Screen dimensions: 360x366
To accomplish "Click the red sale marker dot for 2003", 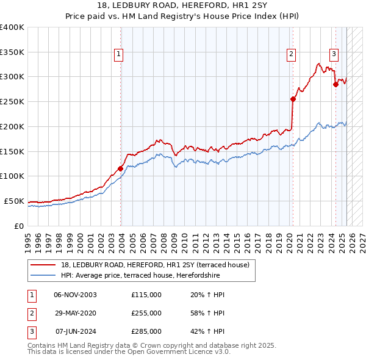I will (x=121, y=168).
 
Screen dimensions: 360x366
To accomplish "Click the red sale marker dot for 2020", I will (x=293, y=99).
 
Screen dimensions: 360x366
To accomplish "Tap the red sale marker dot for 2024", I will (x=335, y=84).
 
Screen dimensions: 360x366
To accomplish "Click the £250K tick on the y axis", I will (x=12, y=101).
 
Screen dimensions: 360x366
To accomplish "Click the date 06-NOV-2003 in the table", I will (x=75, y=295).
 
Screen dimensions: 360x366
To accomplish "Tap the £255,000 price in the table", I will (x=146, y=313).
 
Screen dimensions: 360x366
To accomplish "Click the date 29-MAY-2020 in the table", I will (x=75, y=313).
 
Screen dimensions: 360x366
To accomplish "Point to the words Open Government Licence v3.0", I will (x=181, y=352).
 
